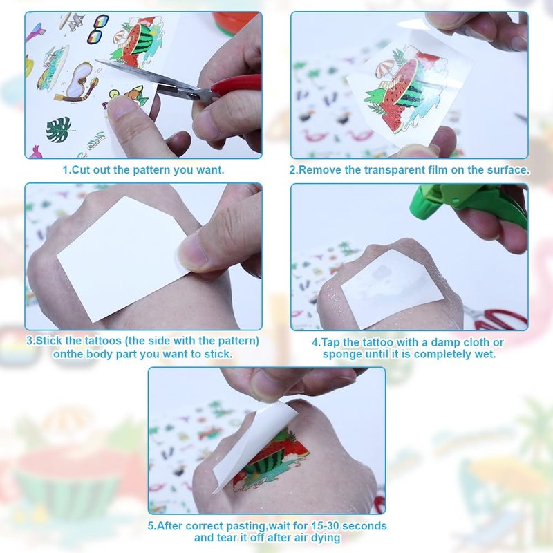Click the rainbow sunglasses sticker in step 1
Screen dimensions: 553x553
(97, 29)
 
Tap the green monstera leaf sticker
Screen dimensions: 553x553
(59, 129)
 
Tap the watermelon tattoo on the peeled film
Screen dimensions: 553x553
(409, 93)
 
